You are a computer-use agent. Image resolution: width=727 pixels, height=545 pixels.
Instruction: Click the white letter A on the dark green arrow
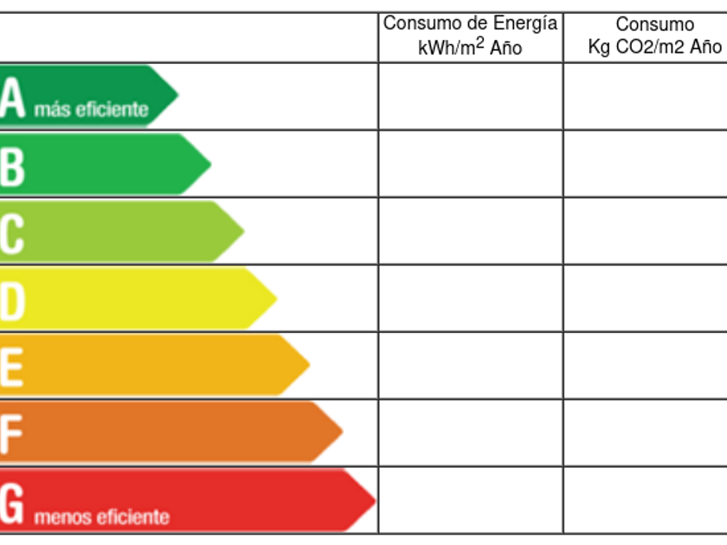pos(13,98)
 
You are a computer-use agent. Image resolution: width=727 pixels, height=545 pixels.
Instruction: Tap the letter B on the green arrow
pos(12,165)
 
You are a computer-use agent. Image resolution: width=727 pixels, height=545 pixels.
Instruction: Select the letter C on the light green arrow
pos(12,233)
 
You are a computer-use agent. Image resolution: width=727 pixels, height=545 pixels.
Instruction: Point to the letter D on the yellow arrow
pos(13,300)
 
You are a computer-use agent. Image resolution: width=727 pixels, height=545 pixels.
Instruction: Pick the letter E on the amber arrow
pos(11,367)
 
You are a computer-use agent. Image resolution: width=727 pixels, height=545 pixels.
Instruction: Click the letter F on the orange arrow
pos(10,434)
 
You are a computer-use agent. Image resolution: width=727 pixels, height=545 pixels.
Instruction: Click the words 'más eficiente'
pos(91,111)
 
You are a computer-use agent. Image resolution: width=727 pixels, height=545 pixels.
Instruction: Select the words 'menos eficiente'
pos(101,518)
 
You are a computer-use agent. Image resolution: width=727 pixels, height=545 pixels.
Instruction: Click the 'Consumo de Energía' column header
pos(470,23)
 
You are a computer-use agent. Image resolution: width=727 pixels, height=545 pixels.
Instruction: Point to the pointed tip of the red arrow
pos(374,500)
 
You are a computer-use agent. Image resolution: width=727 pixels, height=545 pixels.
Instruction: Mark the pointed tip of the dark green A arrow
pos(177,95)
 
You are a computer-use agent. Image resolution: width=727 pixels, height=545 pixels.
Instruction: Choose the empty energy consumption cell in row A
pos(470,96)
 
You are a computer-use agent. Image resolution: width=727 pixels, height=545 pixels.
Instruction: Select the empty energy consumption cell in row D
pos(470,298)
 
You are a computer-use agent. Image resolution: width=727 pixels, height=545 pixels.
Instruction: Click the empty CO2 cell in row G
pos(645,501)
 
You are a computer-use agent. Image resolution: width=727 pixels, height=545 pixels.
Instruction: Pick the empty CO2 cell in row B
pos(645,163)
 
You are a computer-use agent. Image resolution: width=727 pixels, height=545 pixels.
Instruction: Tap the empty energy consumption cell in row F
pos(470,433)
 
